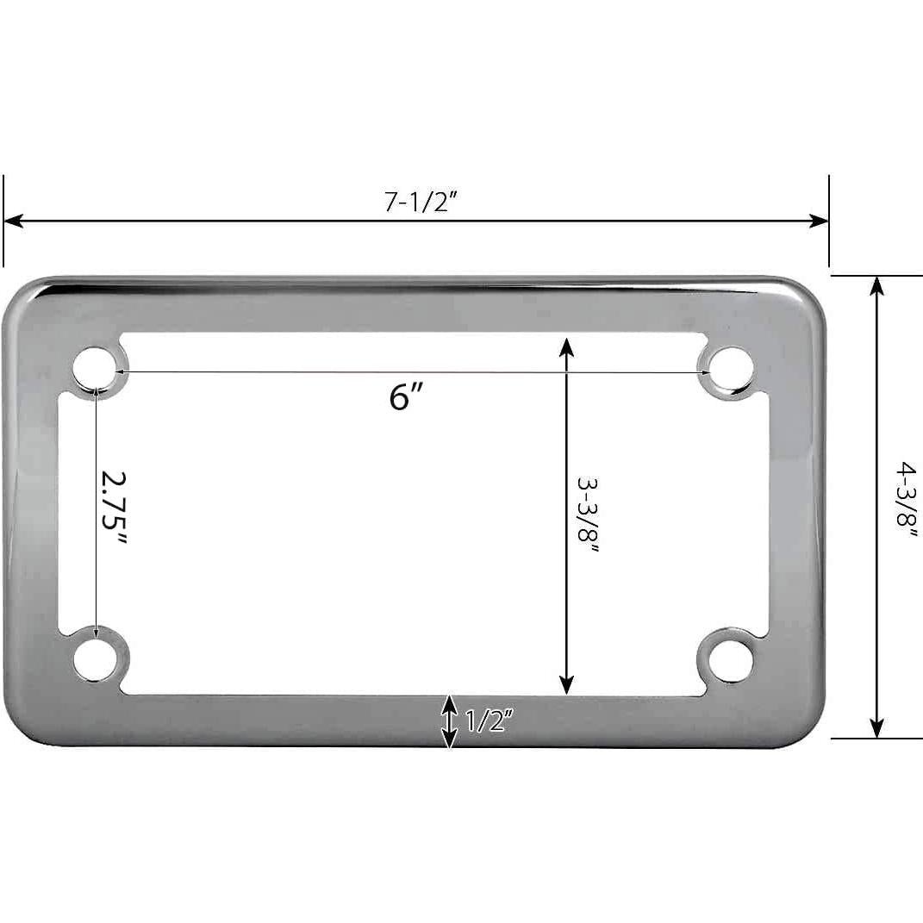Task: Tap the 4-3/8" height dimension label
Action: pos(906,499)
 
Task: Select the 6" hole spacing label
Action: pos(405,397)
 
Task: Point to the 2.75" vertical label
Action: pos(113,508)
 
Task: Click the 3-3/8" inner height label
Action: pos(588,518)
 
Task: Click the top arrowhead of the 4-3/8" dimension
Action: pos(877,285)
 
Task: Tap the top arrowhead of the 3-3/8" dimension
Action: pos(566,346)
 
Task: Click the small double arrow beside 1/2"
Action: pos(450,721)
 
